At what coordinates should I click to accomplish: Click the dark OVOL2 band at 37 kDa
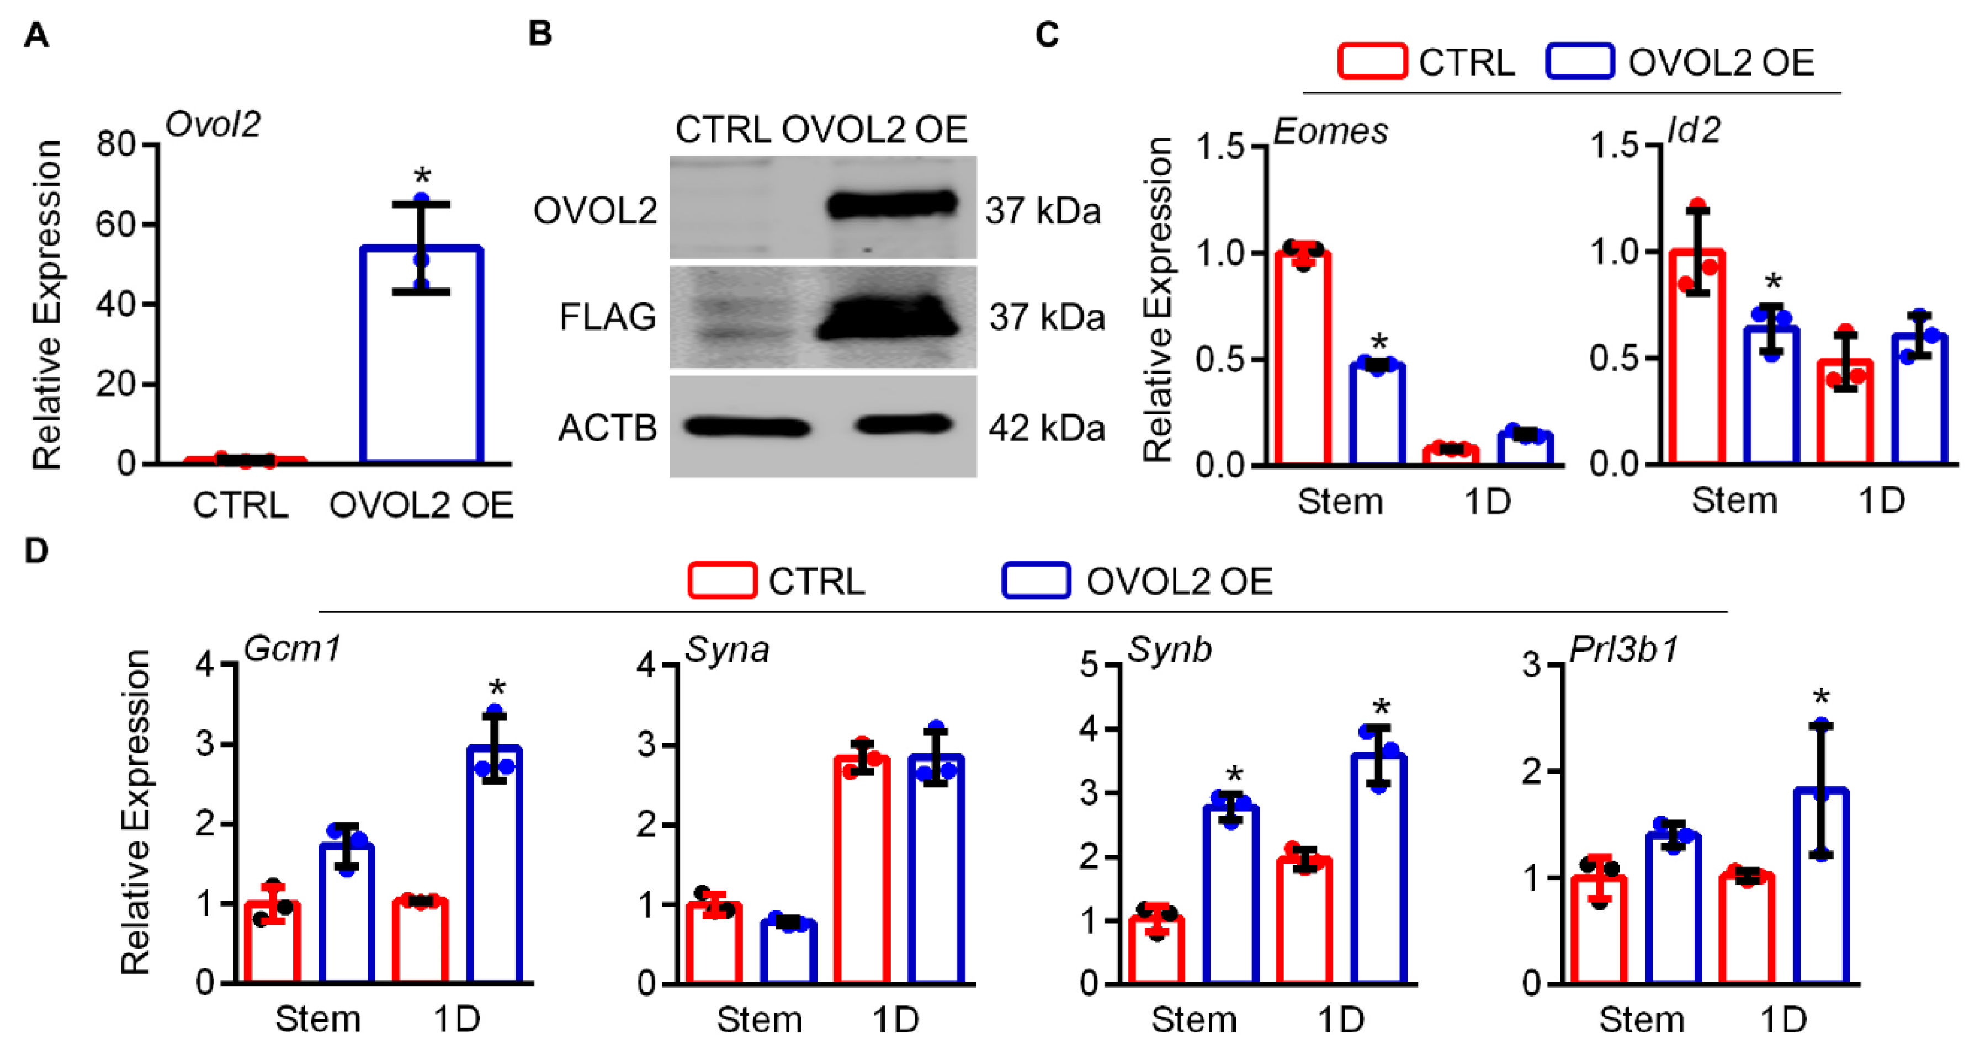point(891,204)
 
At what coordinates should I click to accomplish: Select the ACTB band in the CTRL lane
point(746,427)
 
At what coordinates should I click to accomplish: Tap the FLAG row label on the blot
point(607,317)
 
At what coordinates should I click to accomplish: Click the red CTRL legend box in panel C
point(1372,61)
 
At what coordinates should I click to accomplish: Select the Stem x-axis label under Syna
point(760,1020)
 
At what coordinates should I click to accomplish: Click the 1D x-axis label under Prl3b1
point(1783,1020)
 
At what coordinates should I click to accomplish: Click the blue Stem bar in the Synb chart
point(1230,894)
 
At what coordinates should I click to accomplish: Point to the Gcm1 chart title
point(292,649)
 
